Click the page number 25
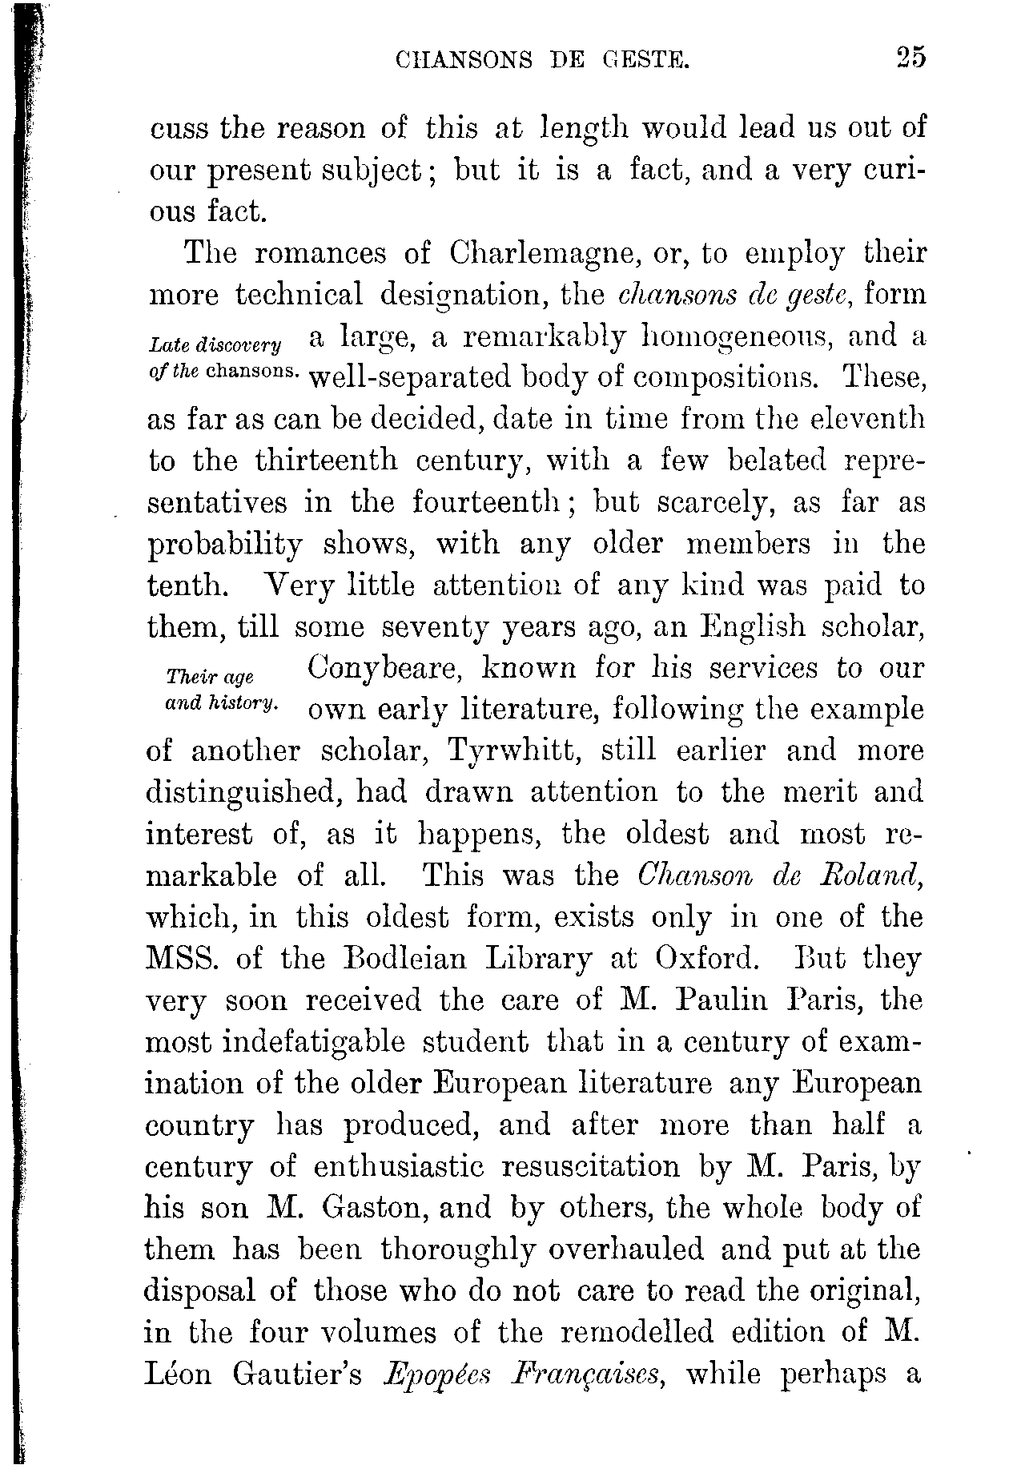910,58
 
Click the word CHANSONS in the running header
464,60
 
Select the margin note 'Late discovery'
215,345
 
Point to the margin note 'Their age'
209,677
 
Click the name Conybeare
382,669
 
